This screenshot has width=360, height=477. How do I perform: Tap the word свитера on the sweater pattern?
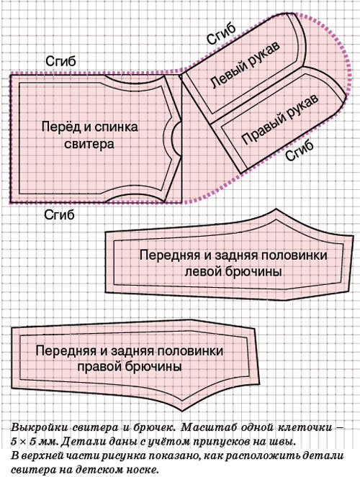[89, 144]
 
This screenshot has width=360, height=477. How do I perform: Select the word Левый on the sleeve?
[226, 76]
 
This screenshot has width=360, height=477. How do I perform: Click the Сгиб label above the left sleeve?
[221, 33]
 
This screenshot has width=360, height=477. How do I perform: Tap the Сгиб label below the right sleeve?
[299, 150]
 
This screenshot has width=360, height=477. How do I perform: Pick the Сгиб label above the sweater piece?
[60, 61]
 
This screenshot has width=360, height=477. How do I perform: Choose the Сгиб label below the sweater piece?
[59, 215]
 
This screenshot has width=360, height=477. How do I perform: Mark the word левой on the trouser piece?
[203, 271]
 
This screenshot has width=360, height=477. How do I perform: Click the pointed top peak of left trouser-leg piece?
[276, 209]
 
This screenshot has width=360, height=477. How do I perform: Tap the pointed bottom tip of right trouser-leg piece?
[182, 411]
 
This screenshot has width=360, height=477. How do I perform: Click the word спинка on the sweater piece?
[116, 127]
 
